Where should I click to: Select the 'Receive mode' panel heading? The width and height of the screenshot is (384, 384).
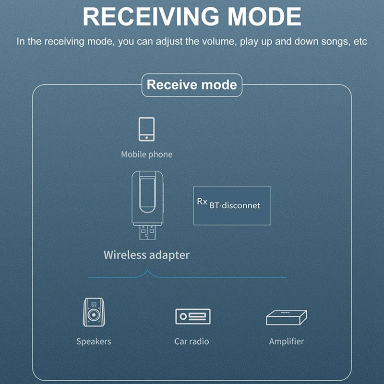point(192,85)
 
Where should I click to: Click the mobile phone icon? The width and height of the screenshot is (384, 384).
point(146,129)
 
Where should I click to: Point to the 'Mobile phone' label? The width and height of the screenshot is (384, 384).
point(146,155)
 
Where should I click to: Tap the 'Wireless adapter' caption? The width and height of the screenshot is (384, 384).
point(146,255)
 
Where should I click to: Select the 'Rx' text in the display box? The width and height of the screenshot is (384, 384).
point(202,201)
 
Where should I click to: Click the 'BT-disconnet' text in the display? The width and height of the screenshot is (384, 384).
point(235,205)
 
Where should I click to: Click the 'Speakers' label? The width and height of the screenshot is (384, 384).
point(94,342)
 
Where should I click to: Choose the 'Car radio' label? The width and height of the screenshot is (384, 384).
point(192,342)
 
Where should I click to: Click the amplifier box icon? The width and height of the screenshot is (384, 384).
point(287,317)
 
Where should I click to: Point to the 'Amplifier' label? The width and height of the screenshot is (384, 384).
point(287,342)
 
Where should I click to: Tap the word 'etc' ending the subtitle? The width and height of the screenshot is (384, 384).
point(360,41)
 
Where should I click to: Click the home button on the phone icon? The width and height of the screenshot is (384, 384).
point(146,137)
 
